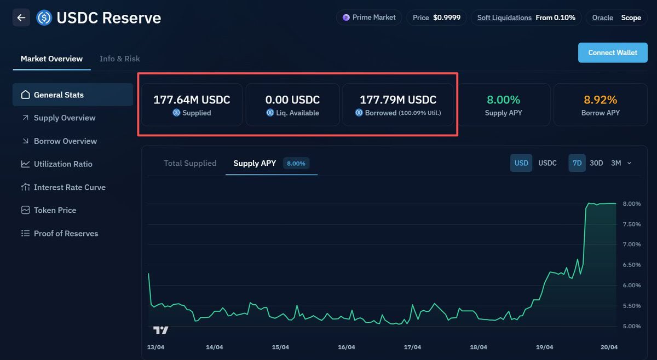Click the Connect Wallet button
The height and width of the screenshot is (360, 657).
(x=613, y=53)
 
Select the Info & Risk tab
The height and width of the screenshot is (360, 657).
(x=119, y=59)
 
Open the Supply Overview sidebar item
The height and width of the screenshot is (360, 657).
(x=64, y=118)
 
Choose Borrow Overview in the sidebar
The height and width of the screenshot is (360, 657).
(x=65, y=141)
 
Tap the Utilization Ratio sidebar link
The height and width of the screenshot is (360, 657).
(x=63, y=164)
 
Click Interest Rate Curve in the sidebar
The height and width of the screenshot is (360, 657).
(x=70, y=187)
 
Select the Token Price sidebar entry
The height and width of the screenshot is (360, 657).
(x=55, y=210)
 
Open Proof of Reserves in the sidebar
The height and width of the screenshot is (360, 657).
(x=66, y=233)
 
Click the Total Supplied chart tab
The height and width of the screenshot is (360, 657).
(x=190, y=163)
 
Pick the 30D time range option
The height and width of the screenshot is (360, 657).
(x=596, y=163)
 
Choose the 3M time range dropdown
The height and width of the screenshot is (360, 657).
(x=620, y=163)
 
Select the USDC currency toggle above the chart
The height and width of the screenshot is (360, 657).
(x=547, y=163)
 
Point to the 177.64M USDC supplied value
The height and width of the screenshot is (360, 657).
(x=192, y=100)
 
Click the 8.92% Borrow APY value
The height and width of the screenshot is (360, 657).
(x=600, y=100)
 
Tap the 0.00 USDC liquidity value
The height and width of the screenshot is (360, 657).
(x=292, y=100)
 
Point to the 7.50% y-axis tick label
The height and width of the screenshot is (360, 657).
(x=632, y=224)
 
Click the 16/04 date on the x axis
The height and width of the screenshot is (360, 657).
(x=346, y=347)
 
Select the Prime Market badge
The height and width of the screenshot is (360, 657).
(x=369, y=18)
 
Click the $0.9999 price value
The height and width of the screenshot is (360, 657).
(x=447, y=18)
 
